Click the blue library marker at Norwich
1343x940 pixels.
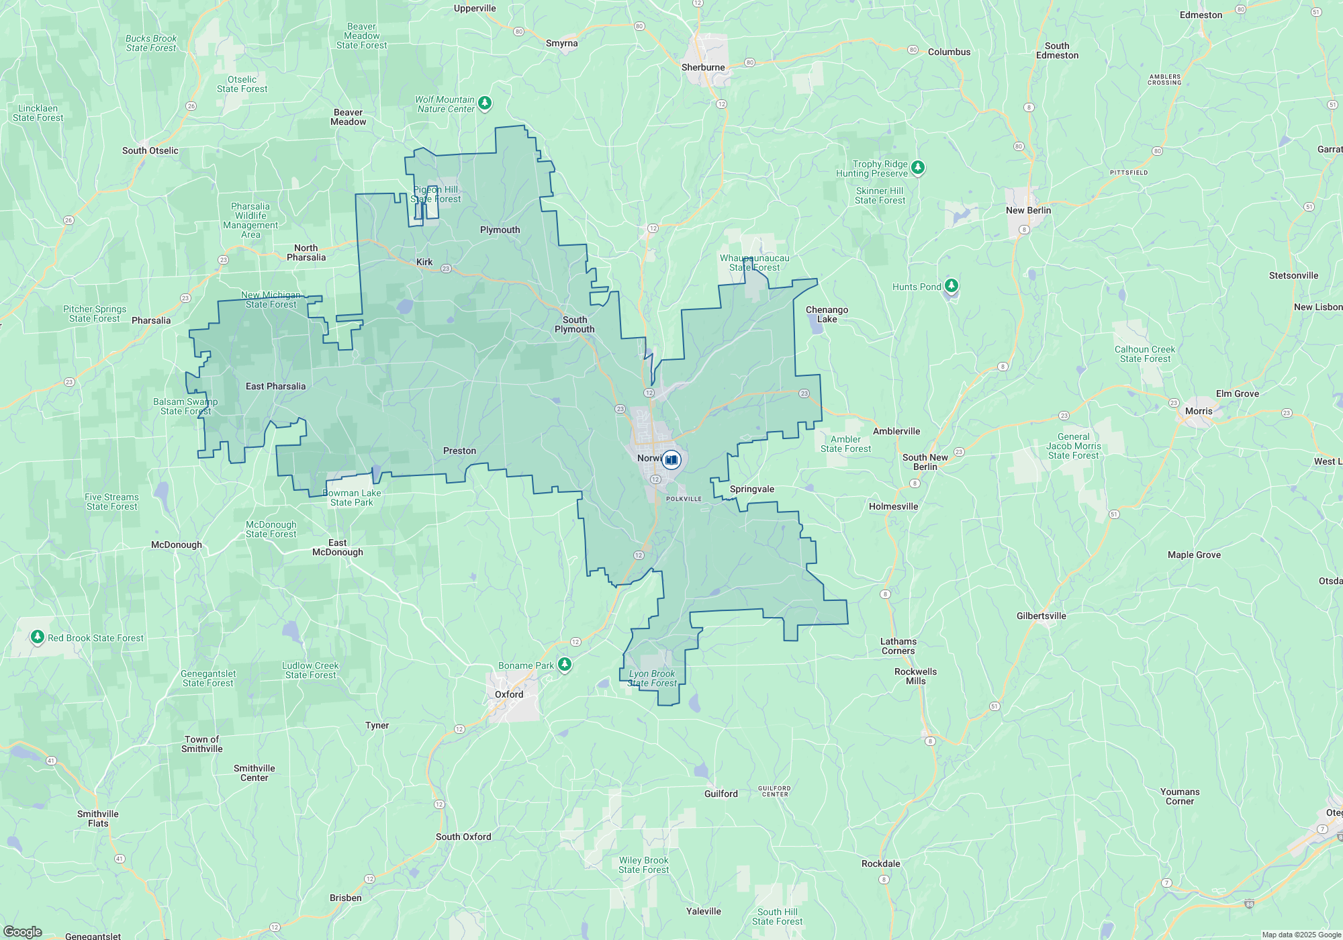(x=671, y=460)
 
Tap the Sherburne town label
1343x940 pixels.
(x=703, y=67)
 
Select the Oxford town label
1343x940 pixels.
(x=509, y=694)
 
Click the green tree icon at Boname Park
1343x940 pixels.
(x=565, y=665)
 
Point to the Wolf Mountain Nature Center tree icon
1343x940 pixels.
(x=485, y=103)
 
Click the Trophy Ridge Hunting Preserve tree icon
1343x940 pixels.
(x=918, y=167)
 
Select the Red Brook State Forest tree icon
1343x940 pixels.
(x=38, y=637)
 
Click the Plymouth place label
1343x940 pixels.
(x=500, y=230)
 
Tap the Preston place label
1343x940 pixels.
(x=459, y=451)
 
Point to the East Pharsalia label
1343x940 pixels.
(x=275, y=386)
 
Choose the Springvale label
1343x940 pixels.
(x=752, y=489)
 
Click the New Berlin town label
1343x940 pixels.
(x=1028, y=210)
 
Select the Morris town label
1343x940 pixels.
(x=1199, y=411)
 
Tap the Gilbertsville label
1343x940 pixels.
(x=1041, y=616)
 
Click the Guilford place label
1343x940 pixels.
(x=721, y=794)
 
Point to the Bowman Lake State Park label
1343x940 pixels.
(x=352, y=498)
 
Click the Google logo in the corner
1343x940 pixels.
(x=22, y=932)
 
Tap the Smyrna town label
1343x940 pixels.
(x=561, y=43)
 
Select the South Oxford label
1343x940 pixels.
(x=463, y=837)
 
